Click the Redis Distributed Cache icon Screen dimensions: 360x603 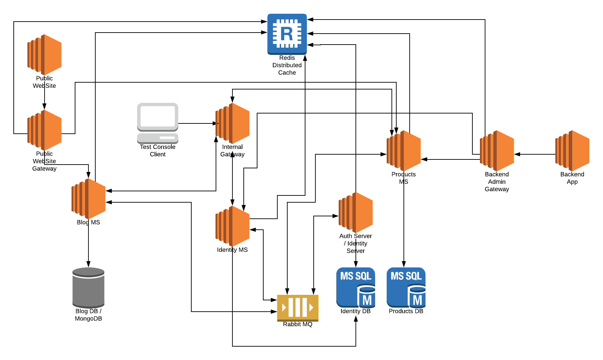[x=287, y=34]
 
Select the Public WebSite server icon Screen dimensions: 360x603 [x=45, y=55]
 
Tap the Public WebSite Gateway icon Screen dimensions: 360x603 [x=45, y=130]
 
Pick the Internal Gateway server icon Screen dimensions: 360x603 [x=232, y=123]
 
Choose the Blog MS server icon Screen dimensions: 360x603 [x=88, y=199]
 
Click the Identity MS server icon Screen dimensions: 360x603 [x=232, y=226]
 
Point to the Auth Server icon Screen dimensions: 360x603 [x=355, y=213]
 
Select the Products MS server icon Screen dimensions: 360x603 [x=403, y=151]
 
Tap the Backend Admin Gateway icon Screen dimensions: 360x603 [x=497, y=151]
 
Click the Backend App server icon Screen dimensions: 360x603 [x=572, y=151]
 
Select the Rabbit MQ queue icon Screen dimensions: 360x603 [x=298, y=307]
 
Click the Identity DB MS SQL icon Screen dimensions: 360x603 [x=355, y=287]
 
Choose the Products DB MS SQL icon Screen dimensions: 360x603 [x=406, y=287]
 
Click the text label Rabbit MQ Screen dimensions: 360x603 [x=298, y=324]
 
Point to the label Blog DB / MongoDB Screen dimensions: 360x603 [x=88, y=315]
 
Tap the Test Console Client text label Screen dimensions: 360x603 [x=158, y=151]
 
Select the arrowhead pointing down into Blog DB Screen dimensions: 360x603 [x=88, y=264]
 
